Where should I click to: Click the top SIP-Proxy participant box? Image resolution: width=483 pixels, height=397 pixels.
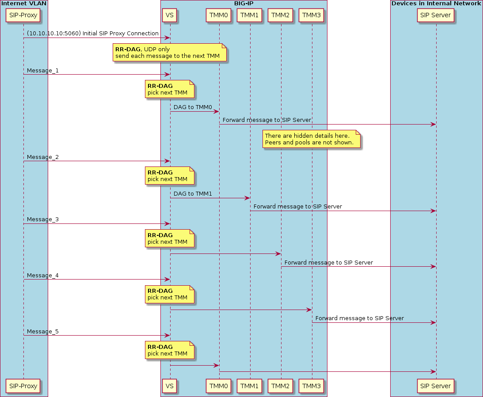23,15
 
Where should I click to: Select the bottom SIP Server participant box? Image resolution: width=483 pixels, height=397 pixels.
436,386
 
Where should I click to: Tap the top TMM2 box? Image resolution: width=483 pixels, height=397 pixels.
281,15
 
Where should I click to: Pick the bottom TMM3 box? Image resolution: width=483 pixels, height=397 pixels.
312,386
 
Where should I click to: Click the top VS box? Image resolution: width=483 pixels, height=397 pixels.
170,15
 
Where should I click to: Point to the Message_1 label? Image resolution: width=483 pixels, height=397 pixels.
42,71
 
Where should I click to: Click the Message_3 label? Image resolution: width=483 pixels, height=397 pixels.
42,220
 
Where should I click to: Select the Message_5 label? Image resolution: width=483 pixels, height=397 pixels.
42,332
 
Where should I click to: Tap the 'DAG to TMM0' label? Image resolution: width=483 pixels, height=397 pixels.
193,107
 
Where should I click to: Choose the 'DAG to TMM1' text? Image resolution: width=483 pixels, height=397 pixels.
193,194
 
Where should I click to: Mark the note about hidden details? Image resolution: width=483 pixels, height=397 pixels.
311,139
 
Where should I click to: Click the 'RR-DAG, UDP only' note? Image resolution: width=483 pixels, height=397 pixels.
170,53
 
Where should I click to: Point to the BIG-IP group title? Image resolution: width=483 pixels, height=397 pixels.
243,4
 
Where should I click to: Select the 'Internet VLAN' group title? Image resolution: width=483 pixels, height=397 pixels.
24,4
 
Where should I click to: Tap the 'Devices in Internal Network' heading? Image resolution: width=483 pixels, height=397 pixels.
436,4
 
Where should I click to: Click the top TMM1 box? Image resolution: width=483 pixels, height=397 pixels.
250,15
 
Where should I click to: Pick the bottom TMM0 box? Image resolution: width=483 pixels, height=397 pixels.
219,386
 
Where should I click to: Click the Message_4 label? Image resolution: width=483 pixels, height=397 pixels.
42,276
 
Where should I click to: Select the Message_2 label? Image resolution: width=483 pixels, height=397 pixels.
42,157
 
